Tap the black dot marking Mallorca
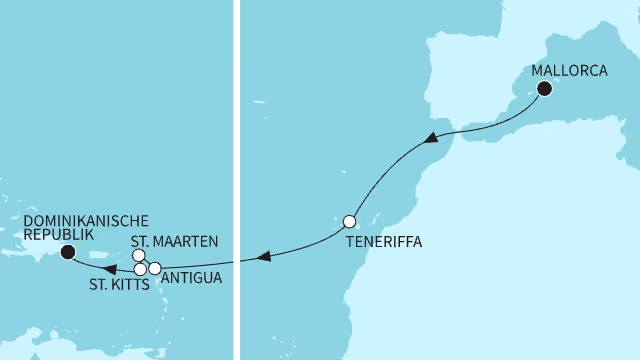coord(545,89)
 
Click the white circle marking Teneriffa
coord(350,221)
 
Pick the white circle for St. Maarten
coord(138,256)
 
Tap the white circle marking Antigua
coord(155,268)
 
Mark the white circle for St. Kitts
coord(141,269)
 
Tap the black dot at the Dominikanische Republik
coord(67,252)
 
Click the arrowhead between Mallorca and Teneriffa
coord(429,137)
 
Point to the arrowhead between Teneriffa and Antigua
coord(262,257)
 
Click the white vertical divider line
coord(236,180)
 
